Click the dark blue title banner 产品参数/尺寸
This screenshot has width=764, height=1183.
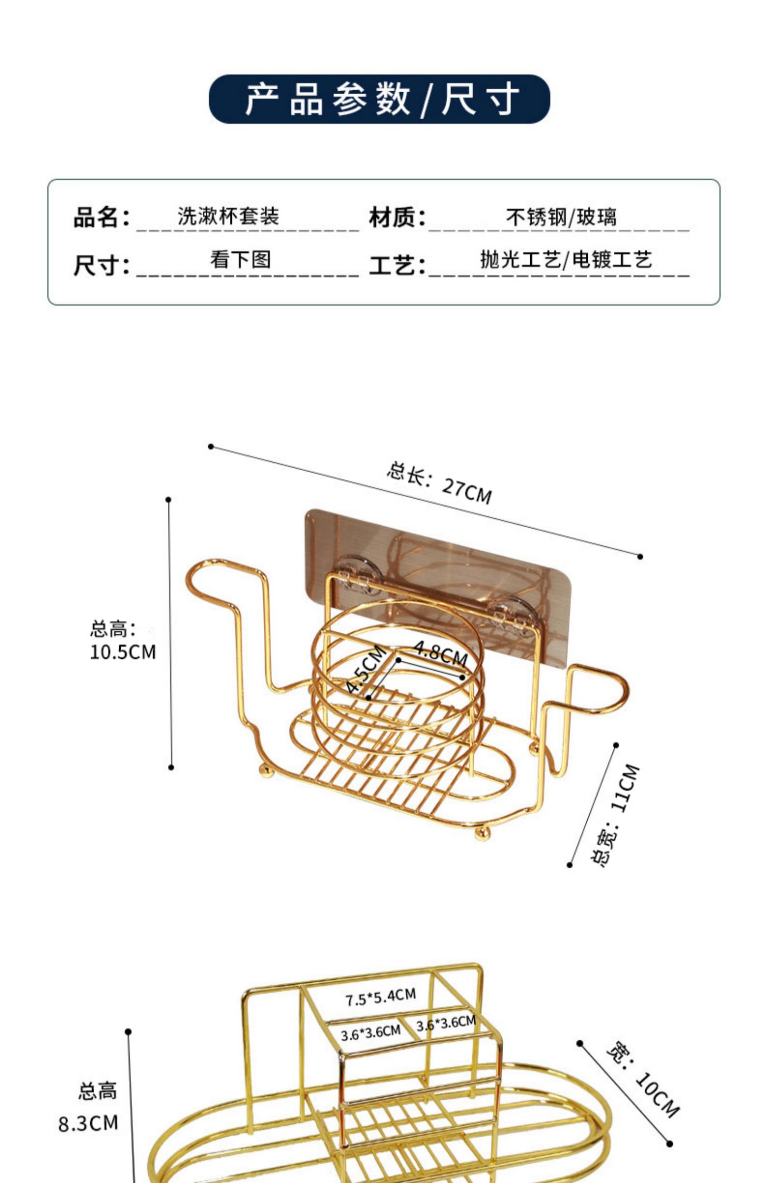[x=379, y=99]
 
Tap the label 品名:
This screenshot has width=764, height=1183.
[x=101, y=218]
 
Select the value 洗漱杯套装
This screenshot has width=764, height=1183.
[x=228, y=216]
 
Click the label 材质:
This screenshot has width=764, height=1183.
[x=397, y=218]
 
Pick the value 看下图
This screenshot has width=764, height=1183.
[x=240, y=260]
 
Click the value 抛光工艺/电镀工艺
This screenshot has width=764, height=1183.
[x=566, y=260]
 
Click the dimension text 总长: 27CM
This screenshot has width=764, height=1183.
[x=439, y=482]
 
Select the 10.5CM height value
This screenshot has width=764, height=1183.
[x=123, y=652]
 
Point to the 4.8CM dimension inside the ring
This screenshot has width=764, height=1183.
[x=441, y=653]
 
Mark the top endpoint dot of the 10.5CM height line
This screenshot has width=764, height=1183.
[x=169, y=500]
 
